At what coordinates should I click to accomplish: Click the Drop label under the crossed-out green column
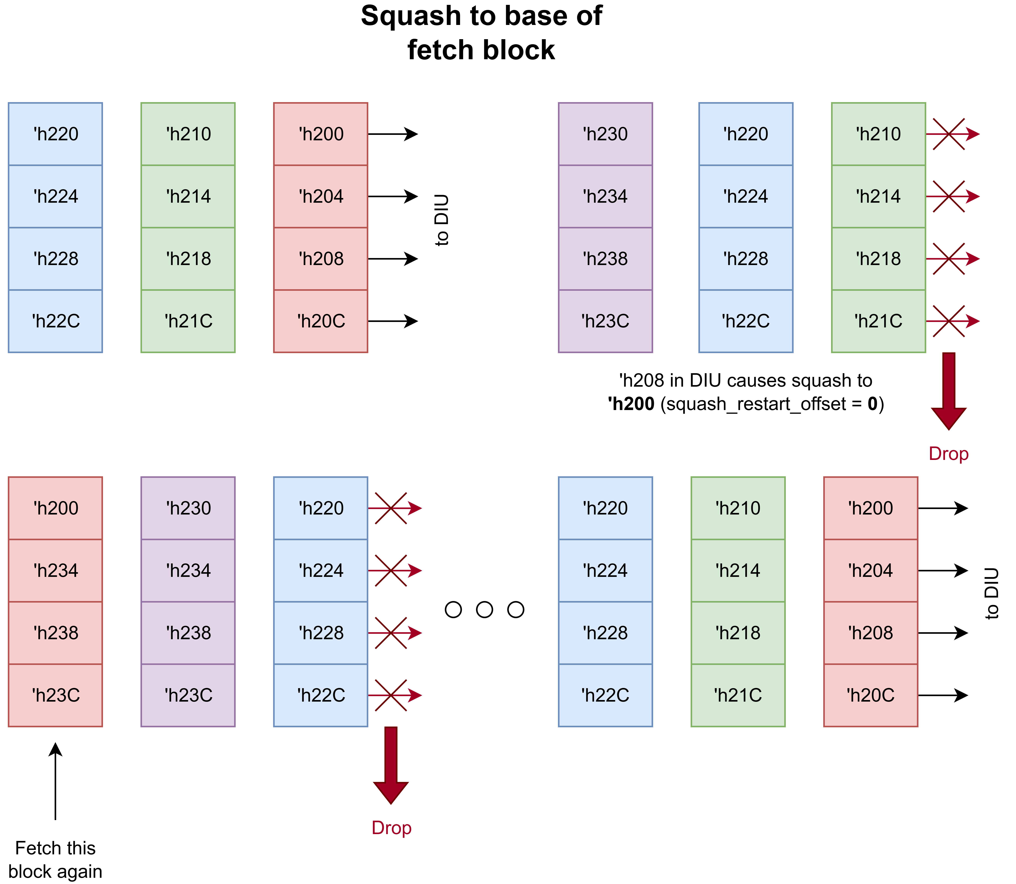[x=948, y=453]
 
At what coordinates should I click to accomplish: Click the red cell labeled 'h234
[x=55, y=571]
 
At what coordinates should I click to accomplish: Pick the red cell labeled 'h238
[x=55, y=633]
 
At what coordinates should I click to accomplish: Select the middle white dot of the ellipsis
[x=484, y=610]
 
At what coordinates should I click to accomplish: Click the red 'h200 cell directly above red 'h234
[x=55, y=508]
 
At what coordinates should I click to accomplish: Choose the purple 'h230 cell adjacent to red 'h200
[x=188, y=508]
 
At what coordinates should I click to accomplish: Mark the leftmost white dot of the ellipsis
[x=453, y=610]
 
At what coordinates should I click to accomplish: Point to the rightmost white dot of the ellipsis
[x=515, y=610]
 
